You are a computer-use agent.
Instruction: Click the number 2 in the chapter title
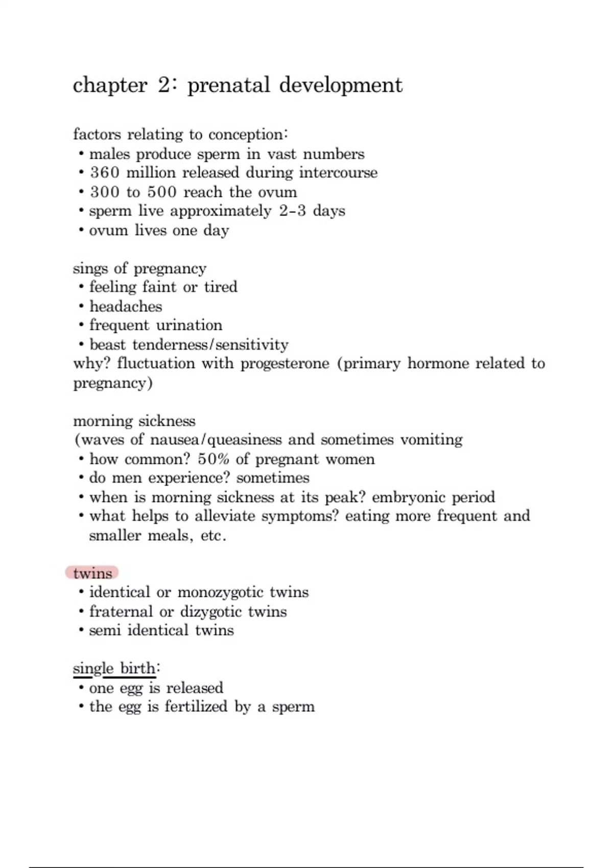(165, 85)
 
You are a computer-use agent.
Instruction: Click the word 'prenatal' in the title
(228, 85)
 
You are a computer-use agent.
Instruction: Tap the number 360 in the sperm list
(105, 173)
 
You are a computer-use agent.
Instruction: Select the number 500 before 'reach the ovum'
(162, 192)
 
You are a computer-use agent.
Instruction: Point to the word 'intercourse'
(338, 173)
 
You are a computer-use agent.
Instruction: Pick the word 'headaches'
(126, 306)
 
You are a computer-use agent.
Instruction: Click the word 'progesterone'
(285, 364)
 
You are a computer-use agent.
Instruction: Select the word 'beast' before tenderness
(107, 345)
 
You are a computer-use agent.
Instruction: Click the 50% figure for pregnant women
(214, 459)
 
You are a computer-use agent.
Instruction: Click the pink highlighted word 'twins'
(92, 573)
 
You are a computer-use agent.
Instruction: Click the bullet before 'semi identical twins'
(81, 631)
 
